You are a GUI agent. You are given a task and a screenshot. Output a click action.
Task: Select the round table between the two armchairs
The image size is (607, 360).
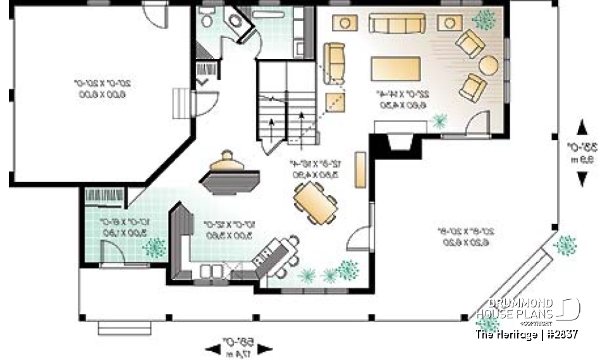coord(488,65)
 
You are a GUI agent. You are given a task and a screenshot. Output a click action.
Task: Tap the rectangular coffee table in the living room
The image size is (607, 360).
coord(396,68)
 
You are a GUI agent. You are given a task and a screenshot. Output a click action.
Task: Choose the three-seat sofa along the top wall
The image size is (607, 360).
coord(397,23)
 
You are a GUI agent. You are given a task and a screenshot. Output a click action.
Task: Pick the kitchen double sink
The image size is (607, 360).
coord(210,272)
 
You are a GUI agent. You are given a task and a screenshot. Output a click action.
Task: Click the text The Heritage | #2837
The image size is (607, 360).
coord(526,334)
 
